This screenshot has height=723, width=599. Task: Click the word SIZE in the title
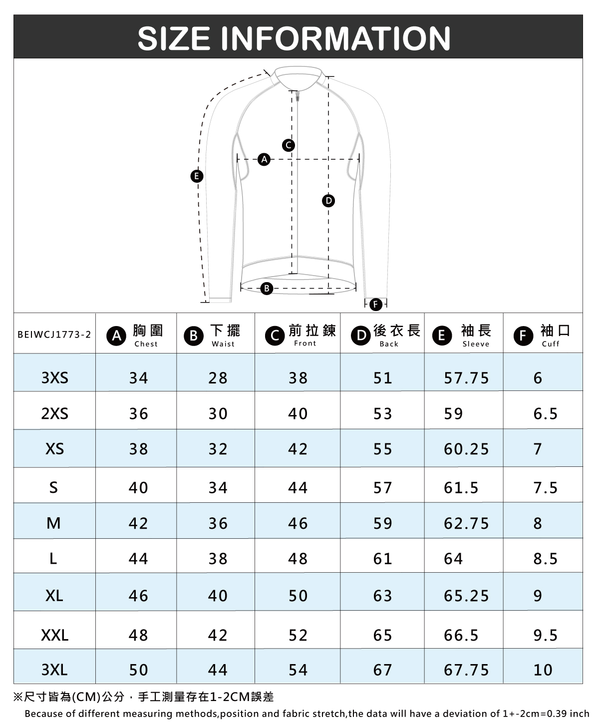pyautogui.click(x=174, y=38)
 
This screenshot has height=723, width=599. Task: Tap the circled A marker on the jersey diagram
pyautogui.click(x=264, y=159)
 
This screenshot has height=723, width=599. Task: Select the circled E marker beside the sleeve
pyautogui.click(x=197, y=176)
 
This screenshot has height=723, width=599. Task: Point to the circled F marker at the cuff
pyautogui.click(x=376, y=305)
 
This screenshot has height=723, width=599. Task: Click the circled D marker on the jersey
pyautogui.click(x=328, y=201)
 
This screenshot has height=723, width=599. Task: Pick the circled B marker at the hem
pyautogui.click(x=266, y=288)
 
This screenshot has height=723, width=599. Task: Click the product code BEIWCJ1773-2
pyautogui.click(x=54, y=335)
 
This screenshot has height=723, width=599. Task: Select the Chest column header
pyautogui.click(x=135, y=335)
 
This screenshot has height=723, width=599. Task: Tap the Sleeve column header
pyautogui.click(x=462, y=335)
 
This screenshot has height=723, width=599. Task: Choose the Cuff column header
pyautogui.click(x=542, y=335)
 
